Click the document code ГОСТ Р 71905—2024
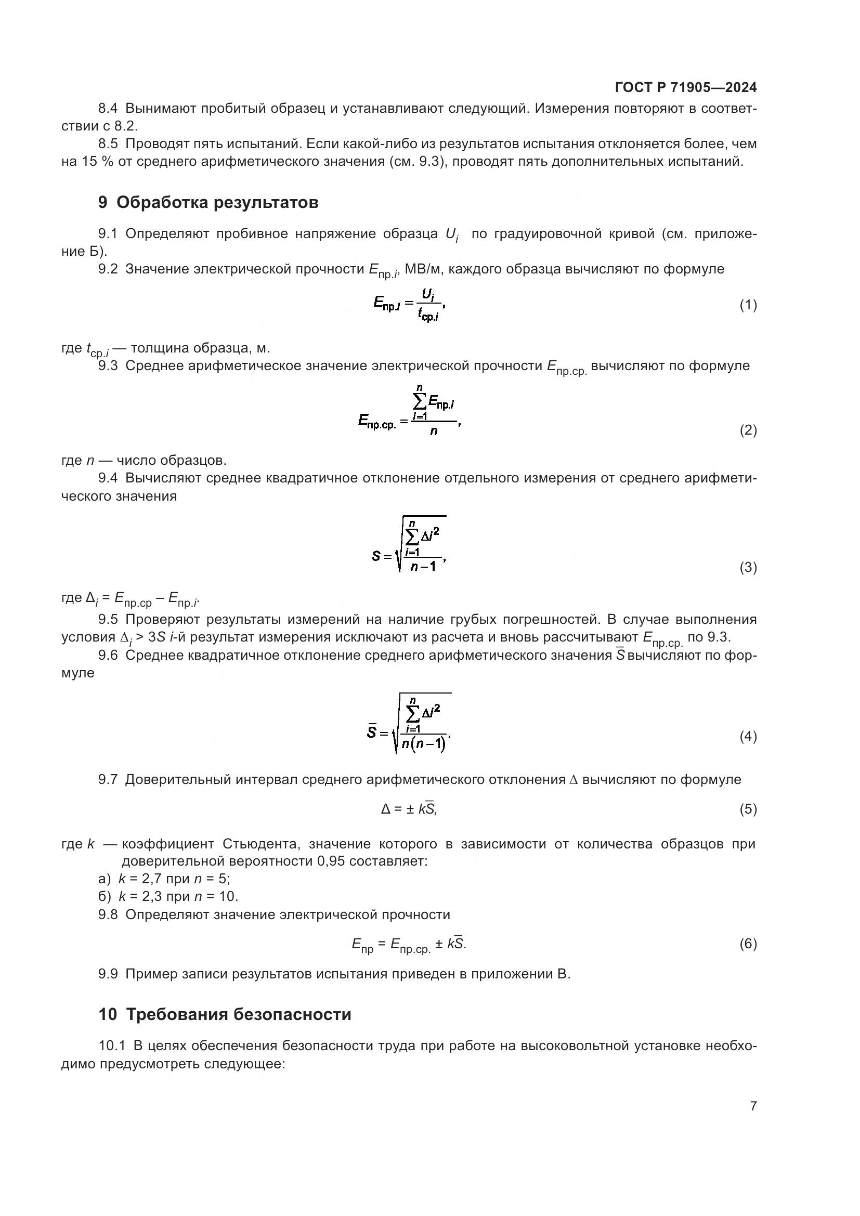pos(686,87)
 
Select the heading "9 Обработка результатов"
pos(208,202)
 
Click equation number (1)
pos(748,305)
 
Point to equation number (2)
pos(748,429)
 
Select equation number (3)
pos(748,567)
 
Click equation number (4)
pos(748,736)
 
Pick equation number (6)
pos(748,943)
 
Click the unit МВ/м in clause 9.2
pos(419,269)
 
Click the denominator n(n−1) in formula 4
pos(423,744)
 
